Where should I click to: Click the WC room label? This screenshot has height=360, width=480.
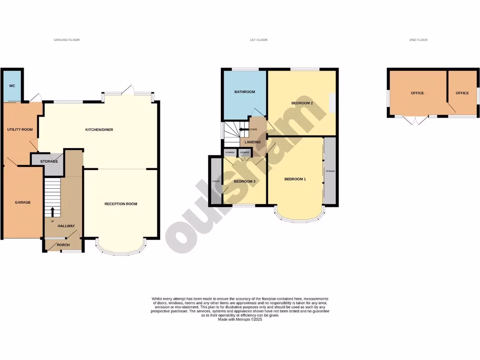tap(12, 86)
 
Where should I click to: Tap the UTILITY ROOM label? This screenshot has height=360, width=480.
tap(20, 129)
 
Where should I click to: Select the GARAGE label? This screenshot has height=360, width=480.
tap(22, 202)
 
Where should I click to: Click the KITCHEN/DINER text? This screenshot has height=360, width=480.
tap(99, 130)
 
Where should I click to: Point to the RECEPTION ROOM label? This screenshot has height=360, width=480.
tap(121, 204)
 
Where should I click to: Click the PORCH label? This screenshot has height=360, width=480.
tap(63, 245)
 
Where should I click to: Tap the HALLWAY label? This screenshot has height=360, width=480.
tap(66, 226)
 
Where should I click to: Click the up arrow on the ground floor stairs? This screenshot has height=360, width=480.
tap(52, 211)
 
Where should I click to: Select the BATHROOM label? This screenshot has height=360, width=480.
tap(245, 92)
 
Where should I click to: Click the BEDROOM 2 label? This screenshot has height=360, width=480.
tap(302, 103)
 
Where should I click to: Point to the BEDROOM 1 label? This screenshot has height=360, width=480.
tap(295, 179)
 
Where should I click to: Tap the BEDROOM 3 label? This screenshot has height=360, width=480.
tap(244, 181)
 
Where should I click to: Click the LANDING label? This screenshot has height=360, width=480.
tap(253, 142)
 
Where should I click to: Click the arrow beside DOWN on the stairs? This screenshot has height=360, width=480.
tap(243, 129)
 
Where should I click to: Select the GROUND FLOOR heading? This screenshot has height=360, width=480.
tap(67, 40)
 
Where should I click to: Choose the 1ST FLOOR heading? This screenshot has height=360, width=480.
tap(258, 40)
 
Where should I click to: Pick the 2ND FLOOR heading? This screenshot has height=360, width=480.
tap(418, 40)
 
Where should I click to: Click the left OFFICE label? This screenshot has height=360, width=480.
tap(417, 93)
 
